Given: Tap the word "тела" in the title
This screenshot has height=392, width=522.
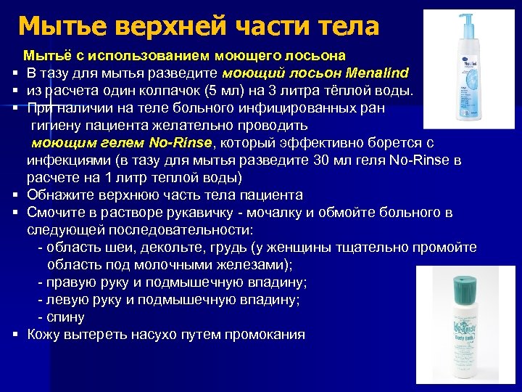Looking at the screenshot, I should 349,26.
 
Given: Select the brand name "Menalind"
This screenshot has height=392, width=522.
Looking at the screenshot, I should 378,73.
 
